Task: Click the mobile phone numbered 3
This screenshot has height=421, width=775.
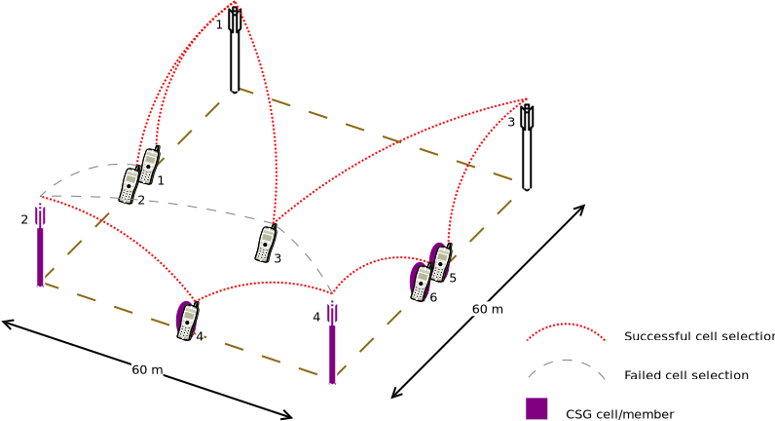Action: coord(266,243)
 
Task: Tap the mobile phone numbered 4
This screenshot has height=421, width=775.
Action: coord(188,321)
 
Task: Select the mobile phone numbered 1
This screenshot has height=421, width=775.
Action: coord(150,166)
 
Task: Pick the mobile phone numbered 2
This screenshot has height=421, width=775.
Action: coord(129,185)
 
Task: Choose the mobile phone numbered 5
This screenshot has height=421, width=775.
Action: coord(441,262)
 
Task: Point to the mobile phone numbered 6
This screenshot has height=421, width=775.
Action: coord(421,282)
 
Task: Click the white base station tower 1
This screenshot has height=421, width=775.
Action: coord(235,50)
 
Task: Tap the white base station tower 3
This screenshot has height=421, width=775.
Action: coord(527,147)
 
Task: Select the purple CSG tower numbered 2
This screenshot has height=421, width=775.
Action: coord(40,245)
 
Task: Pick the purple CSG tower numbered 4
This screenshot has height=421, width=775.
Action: coord(332,342)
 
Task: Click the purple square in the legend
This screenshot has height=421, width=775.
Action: coord(536,408)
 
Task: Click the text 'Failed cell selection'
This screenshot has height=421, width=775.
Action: coord(686,375)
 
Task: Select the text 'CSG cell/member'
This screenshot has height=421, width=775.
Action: coord(620,414)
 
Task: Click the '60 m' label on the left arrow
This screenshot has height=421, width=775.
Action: coord(147,369)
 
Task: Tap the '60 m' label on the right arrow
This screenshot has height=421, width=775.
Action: coord(488,309)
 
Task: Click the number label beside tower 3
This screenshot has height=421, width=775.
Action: coord(511,122)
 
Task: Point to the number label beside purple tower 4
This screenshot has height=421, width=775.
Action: coord(316,317)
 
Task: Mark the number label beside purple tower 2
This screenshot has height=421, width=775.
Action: coord(24,219)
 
